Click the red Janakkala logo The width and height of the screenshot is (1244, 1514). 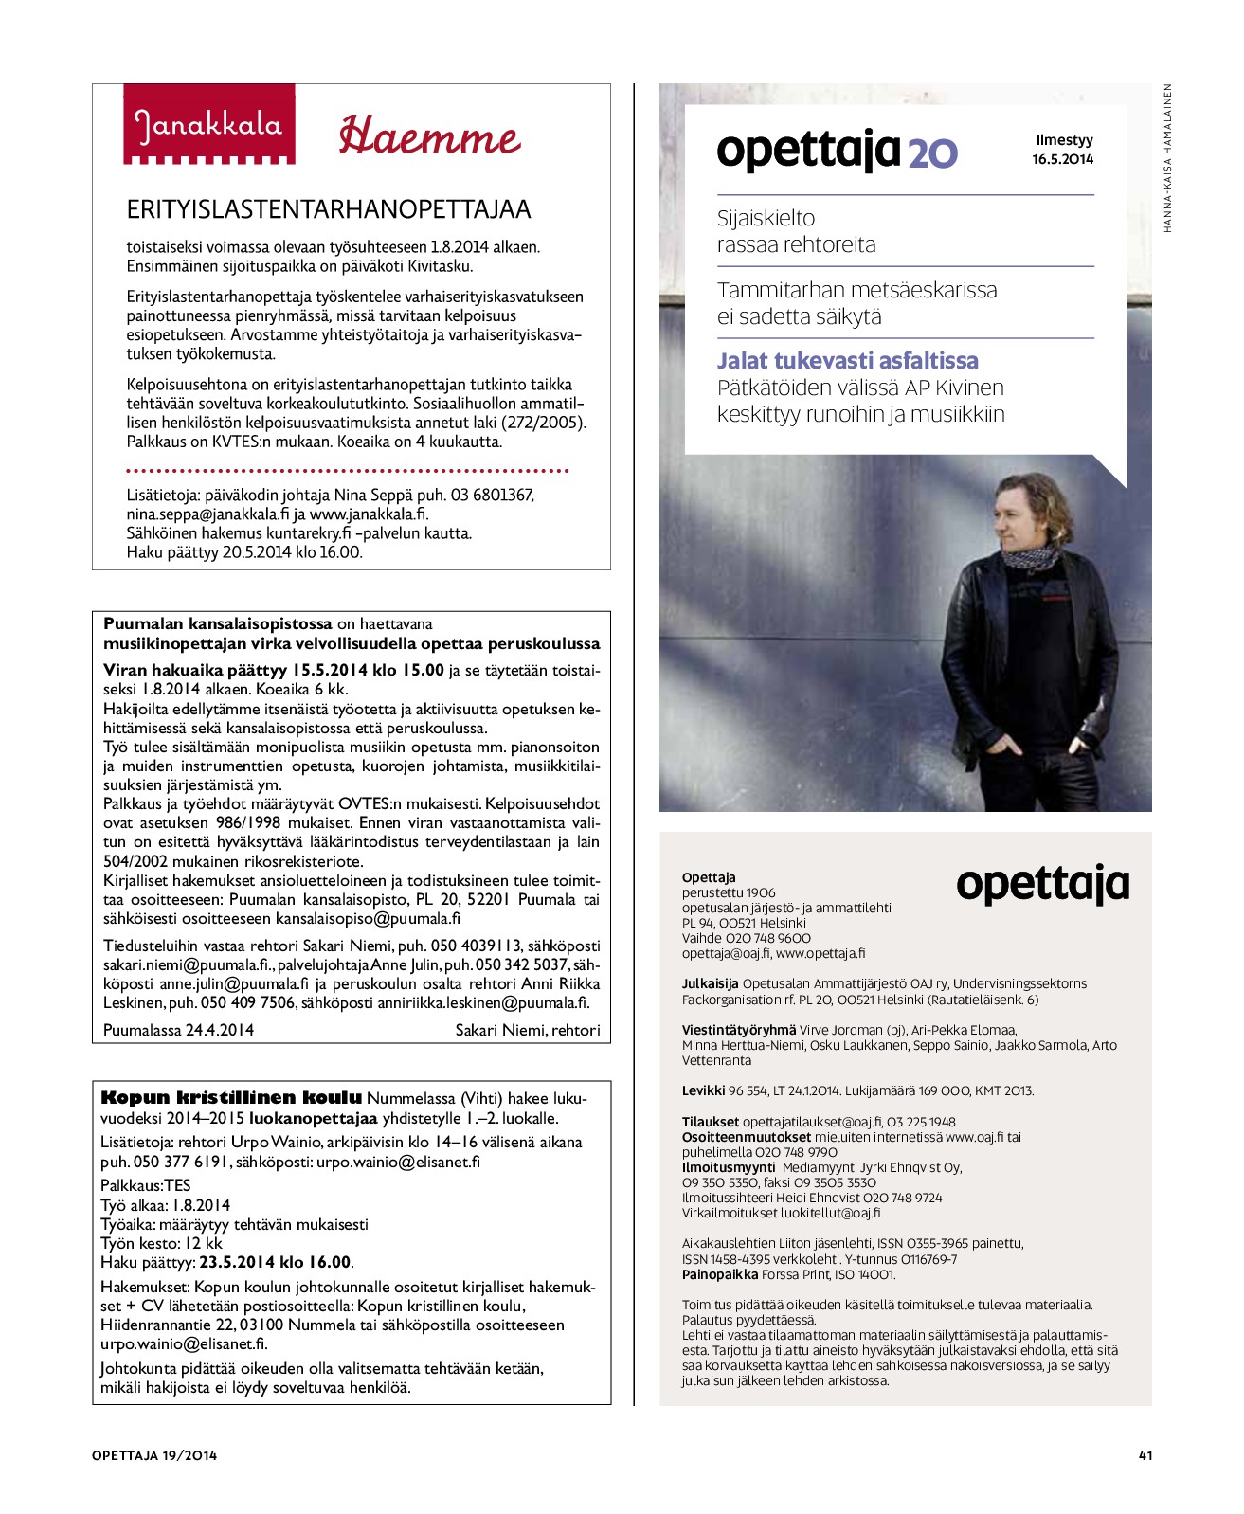click(208, 124)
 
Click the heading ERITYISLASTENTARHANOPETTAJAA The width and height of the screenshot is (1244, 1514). click(329, 209)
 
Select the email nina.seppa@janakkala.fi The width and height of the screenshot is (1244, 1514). click(207, 514)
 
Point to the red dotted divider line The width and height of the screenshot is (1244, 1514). click(347, 470)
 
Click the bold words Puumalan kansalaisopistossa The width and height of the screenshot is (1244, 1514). click(218, 624)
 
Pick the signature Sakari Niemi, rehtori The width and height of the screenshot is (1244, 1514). click(527, 1030)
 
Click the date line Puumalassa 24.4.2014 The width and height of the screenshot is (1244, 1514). click(178, 1030)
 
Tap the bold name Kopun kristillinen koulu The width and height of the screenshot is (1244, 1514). click(231, 1098)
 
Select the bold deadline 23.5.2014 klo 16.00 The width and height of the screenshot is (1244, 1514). click(276, 1262)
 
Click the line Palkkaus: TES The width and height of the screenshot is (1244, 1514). click(145, 1185)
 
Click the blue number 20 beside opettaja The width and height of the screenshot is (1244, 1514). click(932, 153)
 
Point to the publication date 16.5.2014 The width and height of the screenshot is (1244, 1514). click(1062, 159)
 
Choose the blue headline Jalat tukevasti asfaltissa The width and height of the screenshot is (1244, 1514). click(847, 361)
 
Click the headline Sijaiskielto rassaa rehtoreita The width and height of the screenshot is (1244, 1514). click(796, 231)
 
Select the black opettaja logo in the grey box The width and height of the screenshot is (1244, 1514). click(1042, 884)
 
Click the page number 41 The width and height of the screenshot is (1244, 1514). click(1145, 1455)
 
